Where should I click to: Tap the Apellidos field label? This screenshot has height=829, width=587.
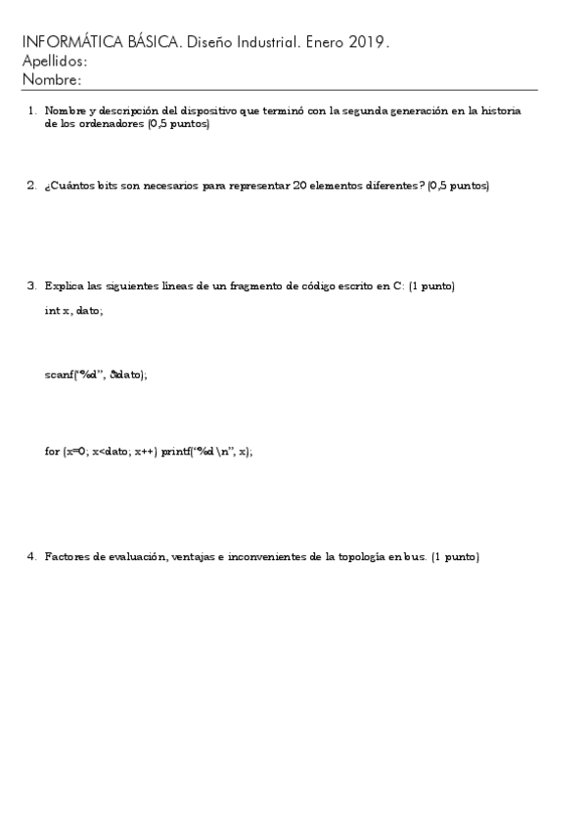53,61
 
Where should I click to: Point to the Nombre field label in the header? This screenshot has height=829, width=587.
50,79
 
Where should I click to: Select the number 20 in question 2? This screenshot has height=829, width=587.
301,185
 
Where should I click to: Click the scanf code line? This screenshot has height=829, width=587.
96,374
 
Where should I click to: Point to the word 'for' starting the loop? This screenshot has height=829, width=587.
52,452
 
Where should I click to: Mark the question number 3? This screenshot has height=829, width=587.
31,285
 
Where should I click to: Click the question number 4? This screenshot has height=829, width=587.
31,556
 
